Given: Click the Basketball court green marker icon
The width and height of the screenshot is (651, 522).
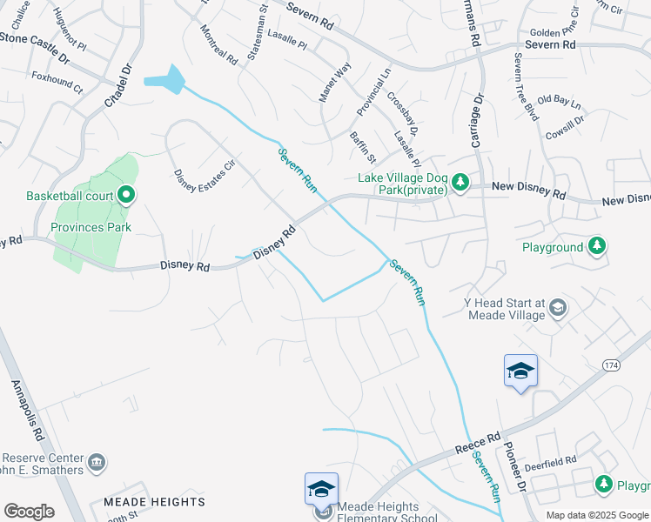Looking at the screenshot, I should coord(126,195).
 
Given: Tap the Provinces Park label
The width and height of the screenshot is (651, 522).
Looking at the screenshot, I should coord(91,227).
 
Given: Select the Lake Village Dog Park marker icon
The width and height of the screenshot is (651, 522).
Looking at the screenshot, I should coord(460,182).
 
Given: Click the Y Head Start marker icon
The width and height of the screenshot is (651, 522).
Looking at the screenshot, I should coord(558,306).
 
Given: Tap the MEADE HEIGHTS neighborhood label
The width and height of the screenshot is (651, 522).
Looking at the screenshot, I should coord(154,502).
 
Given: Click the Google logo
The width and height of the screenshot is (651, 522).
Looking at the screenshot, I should coord(29,512).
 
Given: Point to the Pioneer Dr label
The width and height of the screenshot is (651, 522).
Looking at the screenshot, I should coord(517,471).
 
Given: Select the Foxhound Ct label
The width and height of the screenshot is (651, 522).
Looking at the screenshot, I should coord(57,88).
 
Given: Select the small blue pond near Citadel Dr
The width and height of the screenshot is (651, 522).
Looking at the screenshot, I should coord(165,80).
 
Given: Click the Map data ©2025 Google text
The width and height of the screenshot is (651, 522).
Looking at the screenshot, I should coord(597,515).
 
